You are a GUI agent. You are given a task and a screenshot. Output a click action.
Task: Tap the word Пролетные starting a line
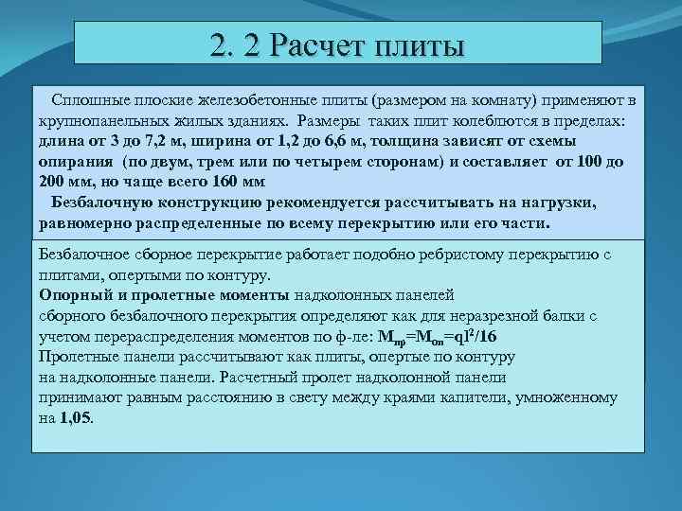(x=79, y=357)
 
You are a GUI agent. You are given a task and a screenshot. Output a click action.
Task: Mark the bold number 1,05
(x=76, y=417)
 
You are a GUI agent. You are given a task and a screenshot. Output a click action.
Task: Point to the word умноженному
(x=582, y=397)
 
